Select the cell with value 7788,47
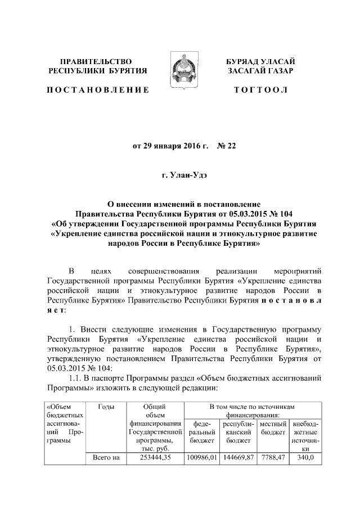click(x=272, y=458)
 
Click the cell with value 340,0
click(x=304, y=458)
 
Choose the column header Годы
click(x=106, y=407)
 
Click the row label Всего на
click(x=106, y=458)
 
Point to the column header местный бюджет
click(x=272, y=426)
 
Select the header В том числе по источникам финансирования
click(x=253, y=411)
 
